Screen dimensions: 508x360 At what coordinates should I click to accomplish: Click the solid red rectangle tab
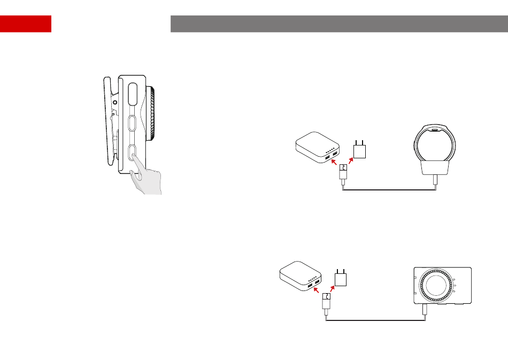[x=26, y=24]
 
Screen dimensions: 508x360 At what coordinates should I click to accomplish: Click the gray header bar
[x=338, y=24]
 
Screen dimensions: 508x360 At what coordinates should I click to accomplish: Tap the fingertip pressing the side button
[x=133, y=158]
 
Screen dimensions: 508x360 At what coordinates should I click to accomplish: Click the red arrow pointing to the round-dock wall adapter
[x=350, y=160]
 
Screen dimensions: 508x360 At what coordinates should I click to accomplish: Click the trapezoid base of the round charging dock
[x=436, y=169]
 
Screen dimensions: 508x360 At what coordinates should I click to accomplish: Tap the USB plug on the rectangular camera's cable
[x=327, y=303]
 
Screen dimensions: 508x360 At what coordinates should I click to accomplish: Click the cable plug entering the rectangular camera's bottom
[x=425, y=310]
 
